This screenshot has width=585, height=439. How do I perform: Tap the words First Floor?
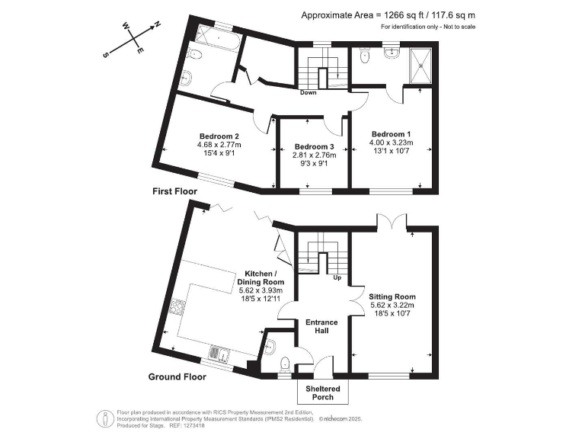click(x=174, y=191)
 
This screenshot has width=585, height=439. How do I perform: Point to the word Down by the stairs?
click(x=308, y=94)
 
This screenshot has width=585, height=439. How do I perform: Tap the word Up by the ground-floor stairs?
click(x=337, y=277)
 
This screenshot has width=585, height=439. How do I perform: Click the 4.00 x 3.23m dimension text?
click(x=391, y=142)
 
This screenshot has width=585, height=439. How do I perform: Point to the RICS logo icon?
click(x=102, y=418)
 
